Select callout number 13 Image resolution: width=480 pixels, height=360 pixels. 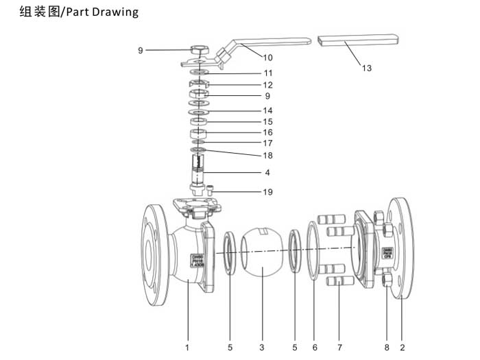(x=367, y=68)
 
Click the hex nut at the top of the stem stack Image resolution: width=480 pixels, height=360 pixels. (x=201, y=50)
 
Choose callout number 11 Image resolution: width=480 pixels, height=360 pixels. (x=267, y=73)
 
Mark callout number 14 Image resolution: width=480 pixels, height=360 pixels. (x=267, y=110)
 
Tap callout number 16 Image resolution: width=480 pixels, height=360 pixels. (x=267, y=132)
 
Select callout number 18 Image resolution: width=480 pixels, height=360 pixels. (x=267, y=156)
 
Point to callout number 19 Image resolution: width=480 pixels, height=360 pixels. (x=267, y=192)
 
